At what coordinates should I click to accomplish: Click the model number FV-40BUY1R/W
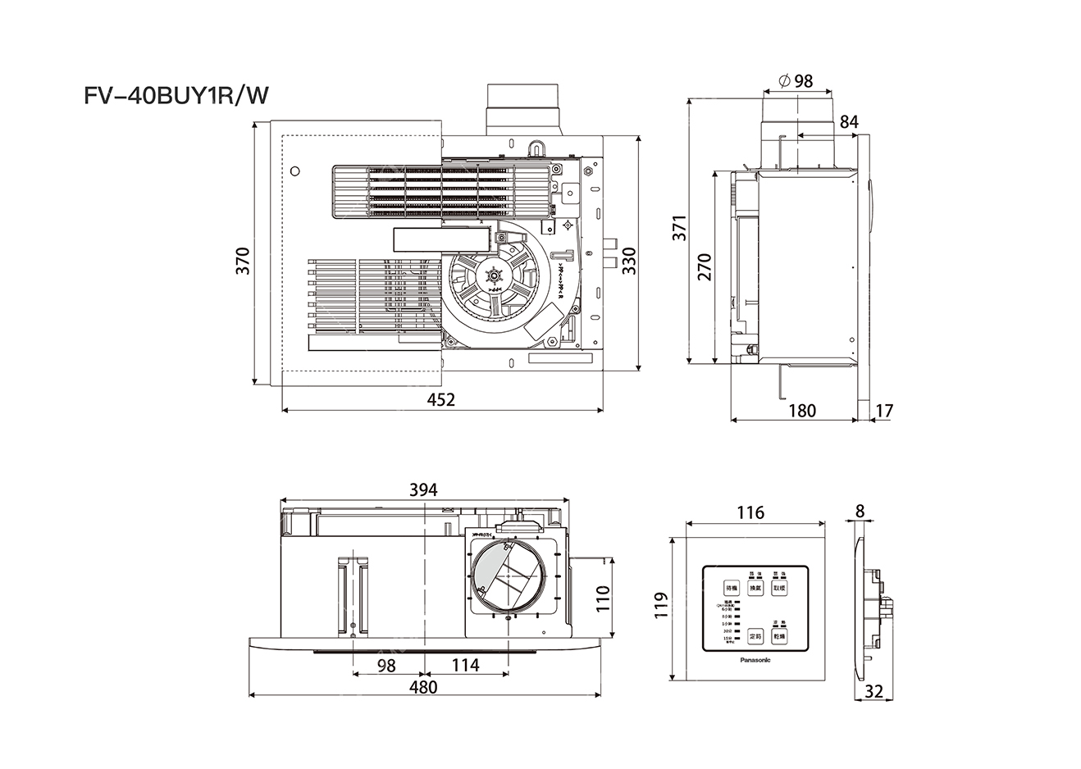[176, 97]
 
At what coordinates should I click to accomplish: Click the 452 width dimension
[441, 399]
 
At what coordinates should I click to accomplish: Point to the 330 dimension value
[629, 260]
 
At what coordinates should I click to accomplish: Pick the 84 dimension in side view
[849, 121]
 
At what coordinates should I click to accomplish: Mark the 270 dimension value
[705, 268]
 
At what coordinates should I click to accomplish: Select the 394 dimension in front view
[423, 489]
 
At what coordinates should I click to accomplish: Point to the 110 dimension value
[603, 601]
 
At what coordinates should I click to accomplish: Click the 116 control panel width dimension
[750, 513]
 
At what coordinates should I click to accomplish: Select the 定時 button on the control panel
[755, 636]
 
